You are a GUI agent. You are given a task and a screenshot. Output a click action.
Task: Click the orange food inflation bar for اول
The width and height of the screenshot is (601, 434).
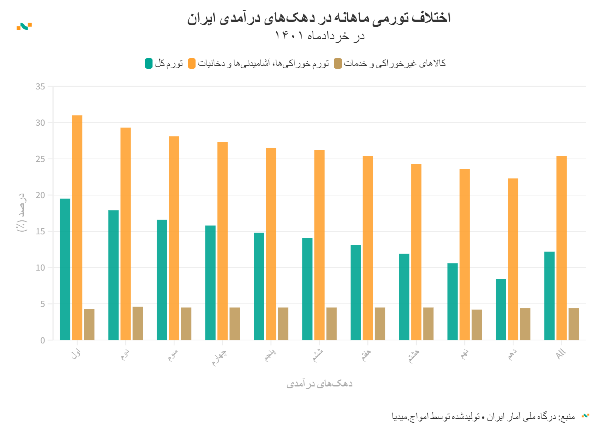click(x=77, y=228)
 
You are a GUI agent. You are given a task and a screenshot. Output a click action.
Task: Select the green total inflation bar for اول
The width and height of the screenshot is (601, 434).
click(x=65, y=269)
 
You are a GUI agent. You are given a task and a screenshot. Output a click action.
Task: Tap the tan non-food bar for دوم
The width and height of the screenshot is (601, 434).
click(x=138, y=323)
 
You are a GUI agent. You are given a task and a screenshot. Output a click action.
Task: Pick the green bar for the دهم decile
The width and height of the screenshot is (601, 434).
click(x=501, y=309)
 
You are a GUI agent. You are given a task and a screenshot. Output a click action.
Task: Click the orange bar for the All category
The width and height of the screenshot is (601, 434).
click(x=561, y=248)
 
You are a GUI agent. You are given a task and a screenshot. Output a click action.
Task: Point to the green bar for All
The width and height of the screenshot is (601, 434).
click(x=549, y=296)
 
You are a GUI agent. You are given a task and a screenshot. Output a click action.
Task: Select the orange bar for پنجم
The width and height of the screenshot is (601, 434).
click(x=271, y=244)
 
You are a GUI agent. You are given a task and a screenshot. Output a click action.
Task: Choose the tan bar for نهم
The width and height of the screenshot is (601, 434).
click(x=477, y=325)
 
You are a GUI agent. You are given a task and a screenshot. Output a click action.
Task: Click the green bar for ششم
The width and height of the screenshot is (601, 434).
click(x=307, y=289)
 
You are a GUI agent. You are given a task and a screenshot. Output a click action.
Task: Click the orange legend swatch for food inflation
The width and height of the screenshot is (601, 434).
click(x=192, y=63)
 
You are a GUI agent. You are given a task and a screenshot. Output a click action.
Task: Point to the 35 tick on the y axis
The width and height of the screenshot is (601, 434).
click(x=40, y=87)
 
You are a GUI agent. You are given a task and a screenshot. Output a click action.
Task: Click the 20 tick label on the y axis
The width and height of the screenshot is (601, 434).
click(x=40, y=195)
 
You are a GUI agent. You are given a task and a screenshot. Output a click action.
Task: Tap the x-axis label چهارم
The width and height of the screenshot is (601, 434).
click(x=219, y=357)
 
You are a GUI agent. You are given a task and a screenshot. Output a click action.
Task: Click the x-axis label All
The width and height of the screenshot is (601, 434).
click(x=561, y=354)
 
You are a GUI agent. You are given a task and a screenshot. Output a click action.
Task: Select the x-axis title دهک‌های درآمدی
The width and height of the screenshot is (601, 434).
click(x=319, y=384)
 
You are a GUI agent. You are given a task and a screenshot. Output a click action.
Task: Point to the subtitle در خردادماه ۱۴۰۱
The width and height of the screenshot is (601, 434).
click(x=319, y=36)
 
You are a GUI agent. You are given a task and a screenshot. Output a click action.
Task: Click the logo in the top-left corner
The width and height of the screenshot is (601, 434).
click(x=24, y=26)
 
